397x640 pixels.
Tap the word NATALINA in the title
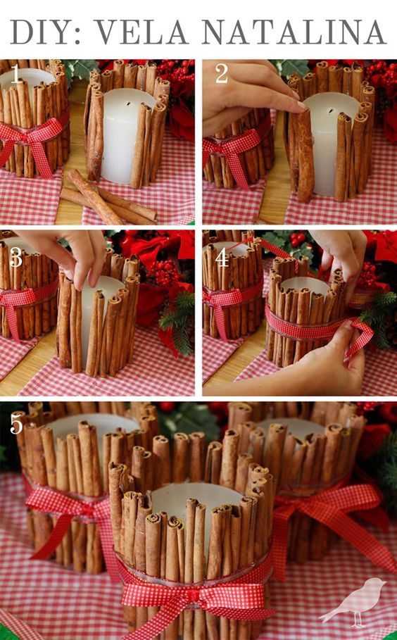pyautogui.click(x=293, y=32)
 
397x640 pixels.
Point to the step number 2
pyautogui.click(x=222, y=74)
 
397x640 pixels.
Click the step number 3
pyautogui.click(x=15, y=258)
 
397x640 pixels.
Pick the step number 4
pyautogui.click(x=222, y=258)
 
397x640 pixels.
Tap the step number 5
pyautogui.click(x=16, y=425)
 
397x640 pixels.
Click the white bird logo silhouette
pyautogui.click(x=354, y=602)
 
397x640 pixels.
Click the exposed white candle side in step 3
pyautogui.click(x=87, y=322)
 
